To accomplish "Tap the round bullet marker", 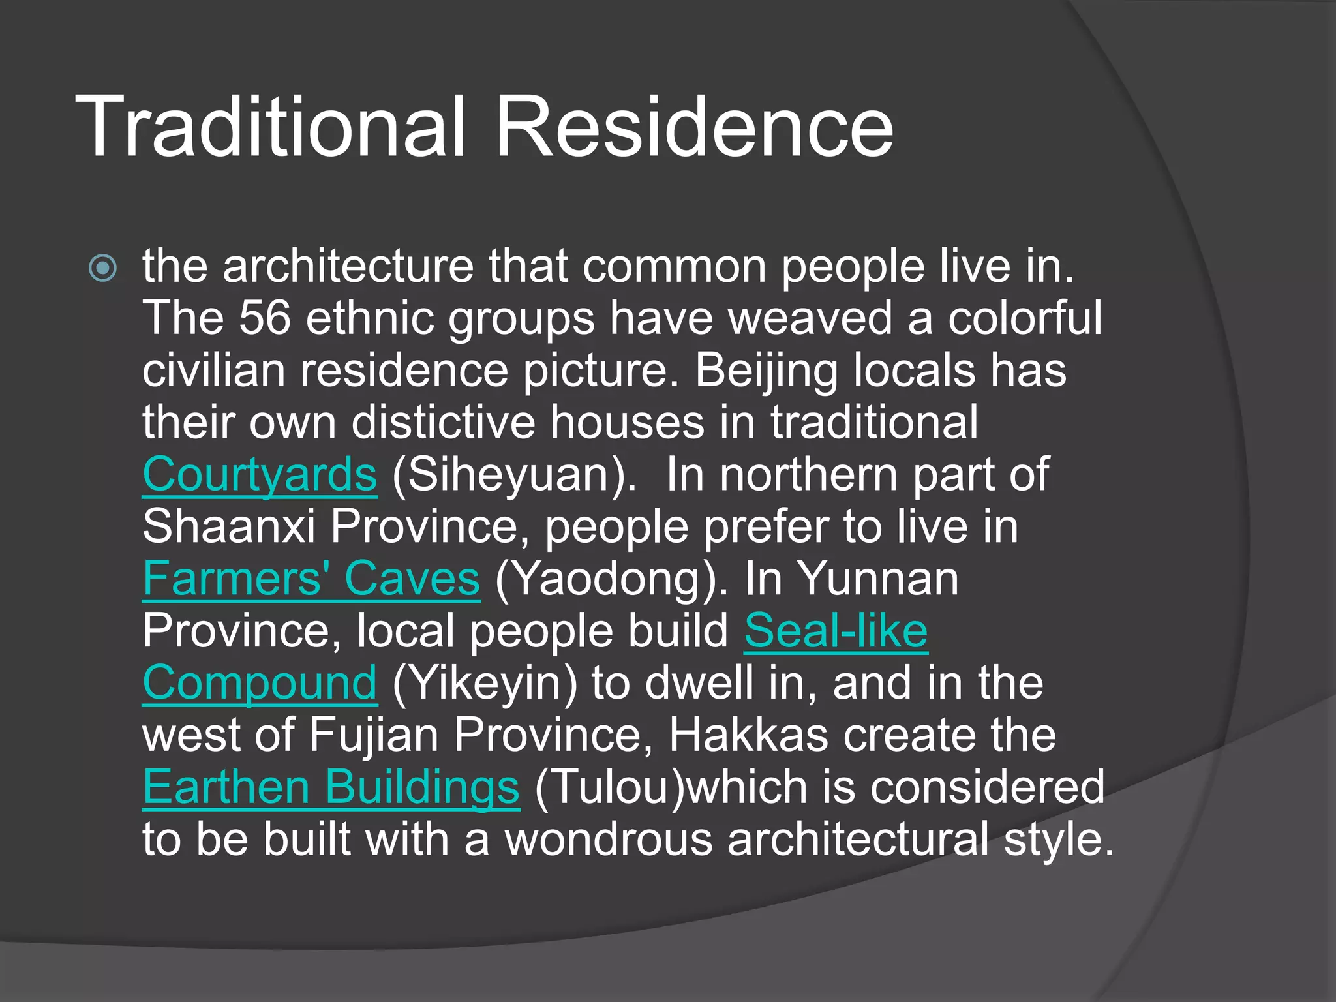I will pos(103,267).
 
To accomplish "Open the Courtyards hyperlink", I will pos(260,474).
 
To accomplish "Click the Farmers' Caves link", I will pos(311,579).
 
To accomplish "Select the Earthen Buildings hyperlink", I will pos(331,787).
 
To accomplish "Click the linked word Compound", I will pos(260,683).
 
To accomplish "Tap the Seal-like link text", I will pos(836,631).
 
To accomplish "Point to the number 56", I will pos(264,318).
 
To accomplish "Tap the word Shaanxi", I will pos(229,526).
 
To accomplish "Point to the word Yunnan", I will pos(878,579).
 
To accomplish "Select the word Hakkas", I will pos(748,735).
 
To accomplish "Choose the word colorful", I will pos(1025,318).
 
